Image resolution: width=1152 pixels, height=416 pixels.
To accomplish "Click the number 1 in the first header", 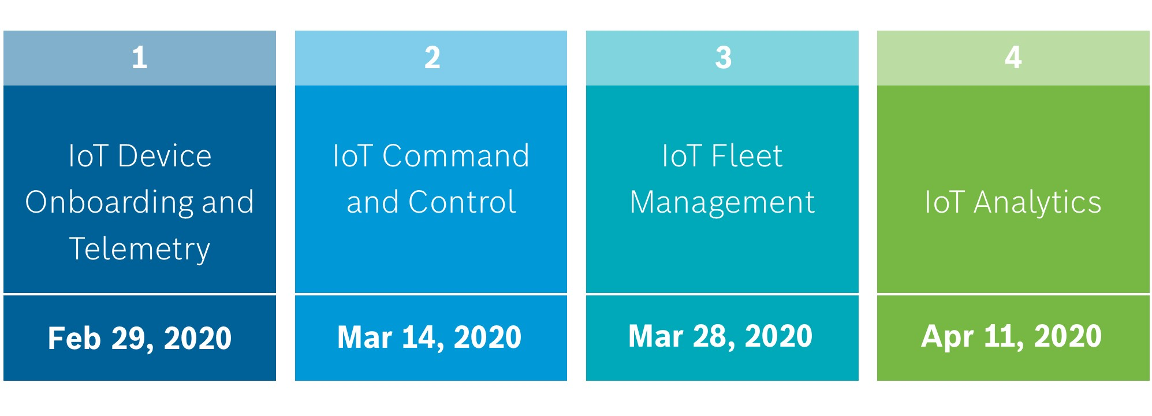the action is [x=140, y=58].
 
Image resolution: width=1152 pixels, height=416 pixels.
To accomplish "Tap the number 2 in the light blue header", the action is [x=433, y=58].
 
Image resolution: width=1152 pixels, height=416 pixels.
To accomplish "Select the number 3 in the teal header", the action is [x=724, y=58].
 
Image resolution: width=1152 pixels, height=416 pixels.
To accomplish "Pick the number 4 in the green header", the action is [x=1013, y=58].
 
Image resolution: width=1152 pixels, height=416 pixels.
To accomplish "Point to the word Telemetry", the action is [x=140, y=249].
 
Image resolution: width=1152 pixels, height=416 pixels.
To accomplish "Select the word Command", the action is [x=456, y=156].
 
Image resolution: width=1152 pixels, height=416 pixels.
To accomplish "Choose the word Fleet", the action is [x=747, y=156].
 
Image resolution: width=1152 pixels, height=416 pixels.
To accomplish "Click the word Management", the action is [x=722, y=203].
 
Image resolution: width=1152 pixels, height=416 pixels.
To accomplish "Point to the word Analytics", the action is [x=1038, y=203].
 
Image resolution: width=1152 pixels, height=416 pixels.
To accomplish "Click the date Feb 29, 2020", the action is [x=140, y=338].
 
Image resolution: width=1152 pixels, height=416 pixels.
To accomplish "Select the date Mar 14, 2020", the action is [x=429, y=337].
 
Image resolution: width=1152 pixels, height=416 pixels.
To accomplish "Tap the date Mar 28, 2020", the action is [x=720, y=336].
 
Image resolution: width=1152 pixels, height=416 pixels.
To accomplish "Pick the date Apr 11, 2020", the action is [x=1011, y=336].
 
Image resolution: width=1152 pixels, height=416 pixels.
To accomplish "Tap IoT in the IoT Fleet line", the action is [x=682, y=156].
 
